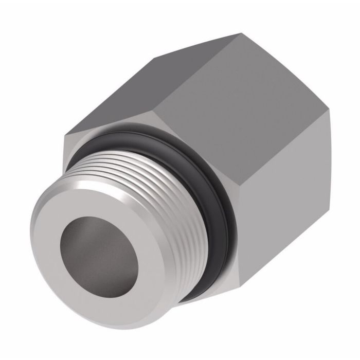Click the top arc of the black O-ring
tap(154, 133)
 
